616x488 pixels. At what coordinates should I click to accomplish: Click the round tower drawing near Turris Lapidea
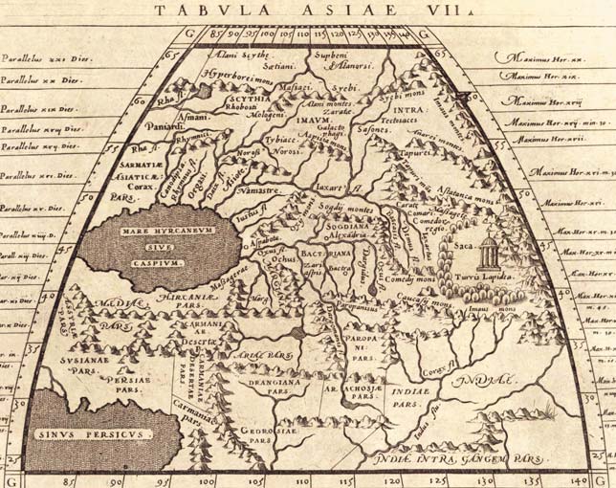coord(489,252)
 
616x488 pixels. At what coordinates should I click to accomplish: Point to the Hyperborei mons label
coord(233,74)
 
